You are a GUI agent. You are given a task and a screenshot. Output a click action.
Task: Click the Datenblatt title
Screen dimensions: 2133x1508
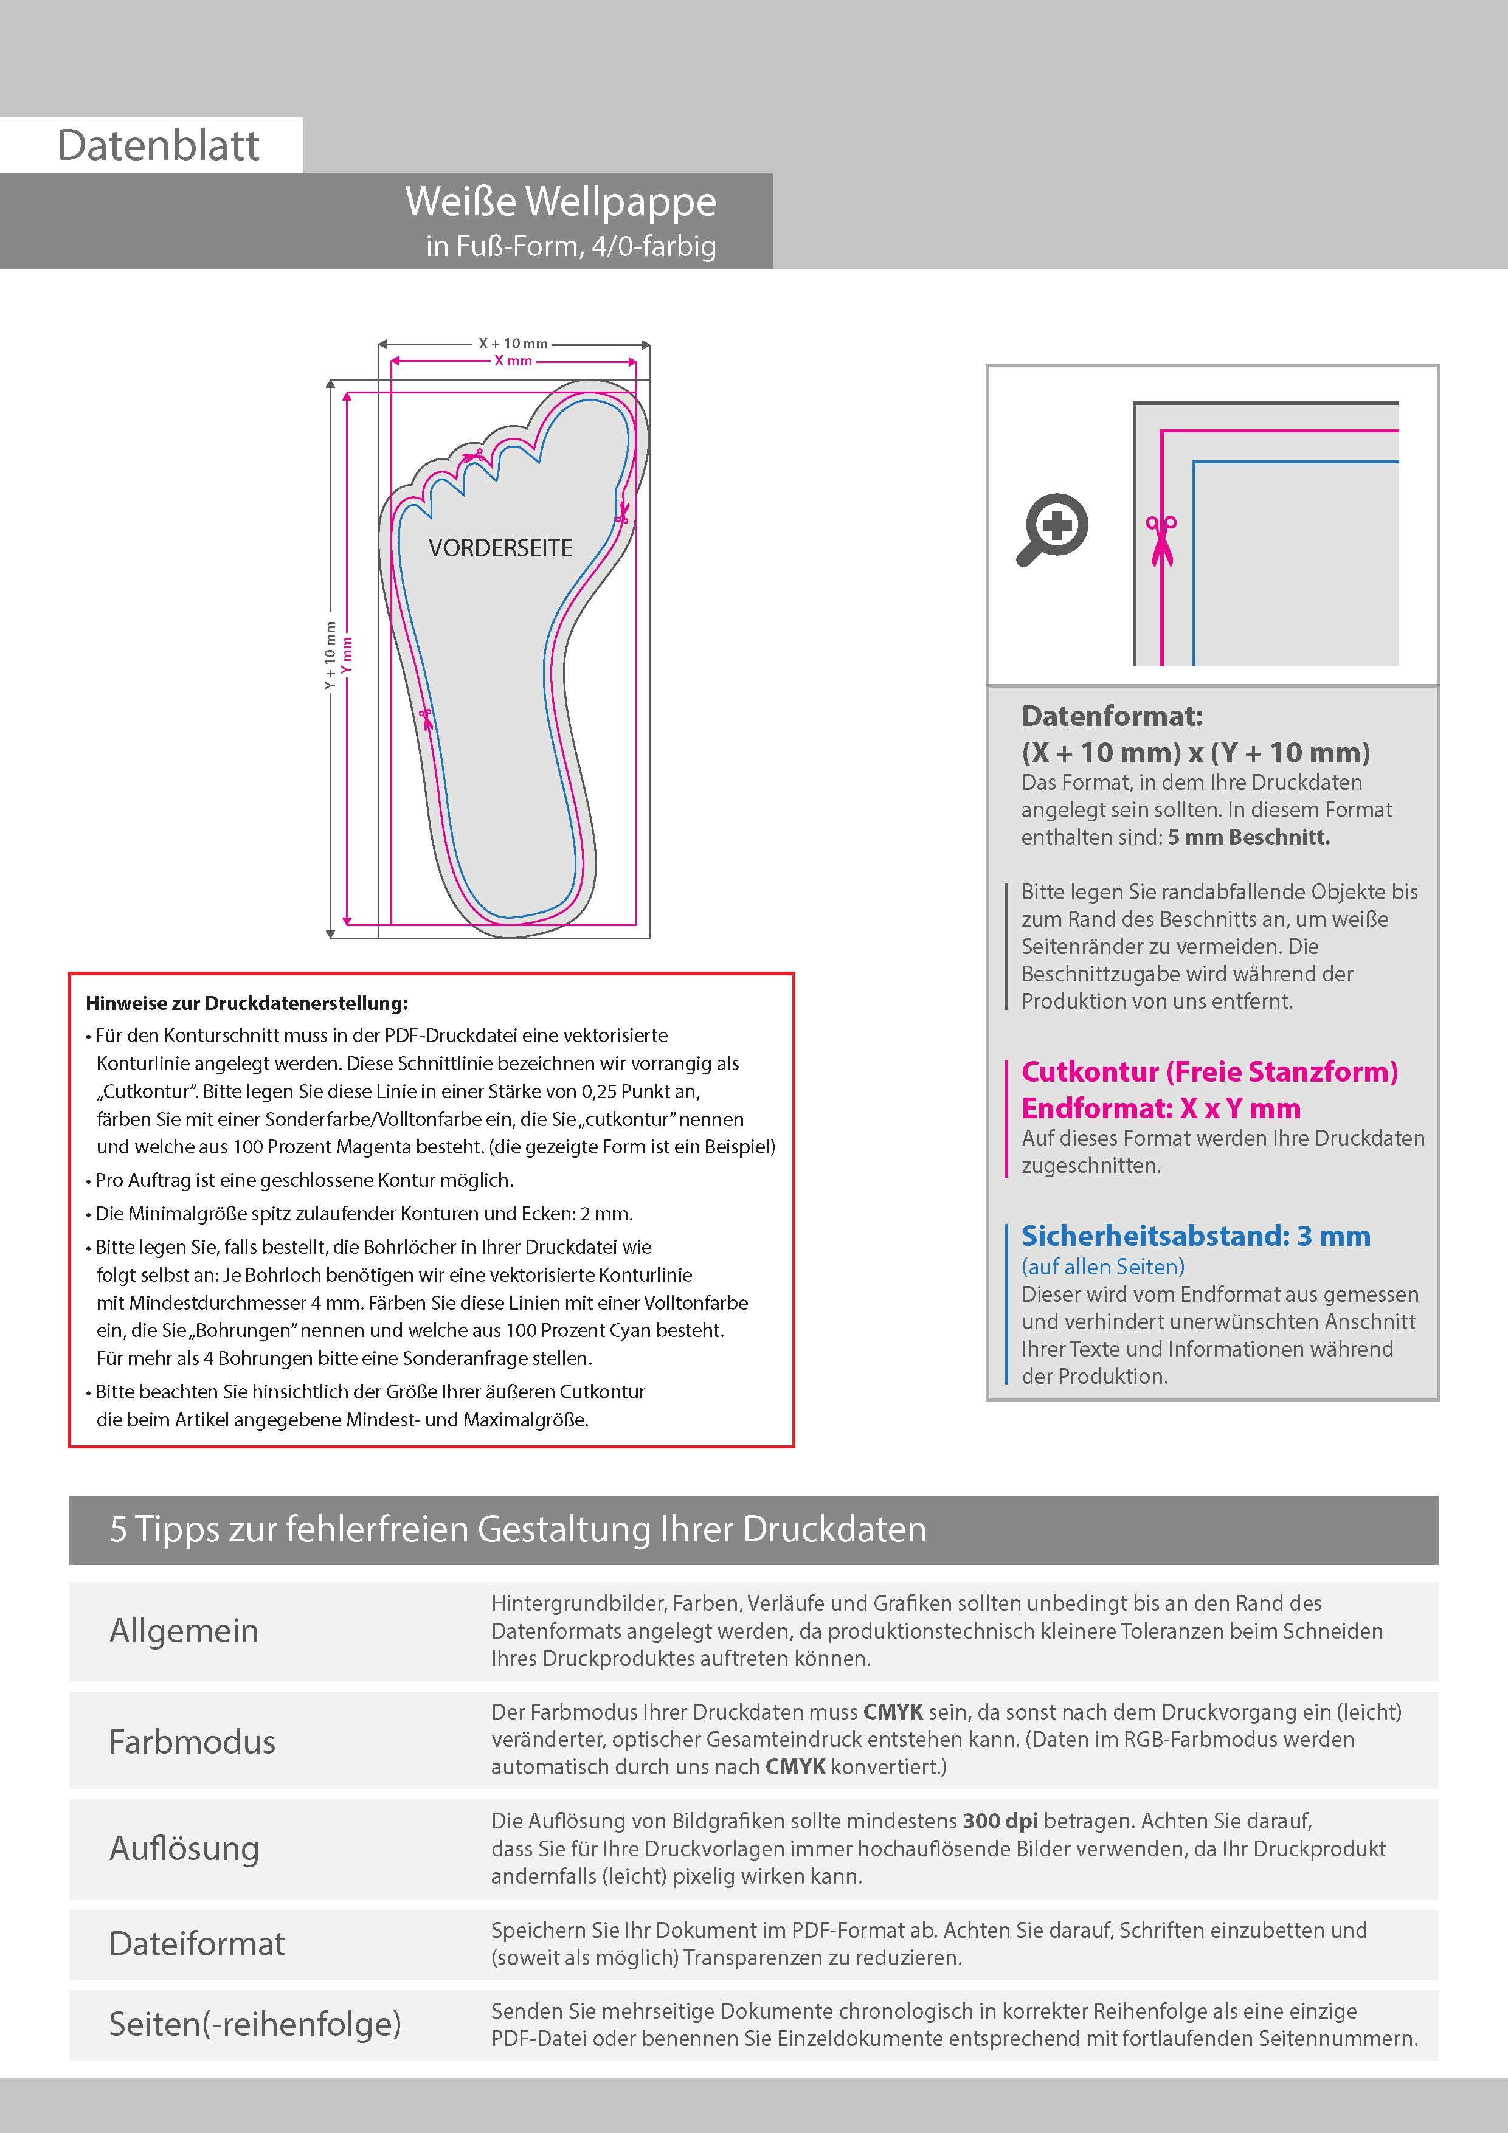pos(158,146)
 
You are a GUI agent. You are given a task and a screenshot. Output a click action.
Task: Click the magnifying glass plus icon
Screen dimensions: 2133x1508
pos(1053,528)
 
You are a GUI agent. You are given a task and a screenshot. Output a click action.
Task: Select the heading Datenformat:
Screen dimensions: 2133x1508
pos(1112,716)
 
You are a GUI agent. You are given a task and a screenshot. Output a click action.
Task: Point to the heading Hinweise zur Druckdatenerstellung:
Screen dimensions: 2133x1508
pos(246,1003)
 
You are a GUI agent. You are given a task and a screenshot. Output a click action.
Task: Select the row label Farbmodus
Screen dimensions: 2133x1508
pos(192,1742)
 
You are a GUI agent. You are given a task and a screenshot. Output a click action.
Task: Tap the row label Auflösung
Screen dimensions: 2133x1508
pos(184,1848)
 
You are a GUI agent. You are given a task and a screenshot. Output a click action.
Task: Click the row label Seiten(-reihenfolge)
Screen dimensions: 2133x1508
pos(255,2024)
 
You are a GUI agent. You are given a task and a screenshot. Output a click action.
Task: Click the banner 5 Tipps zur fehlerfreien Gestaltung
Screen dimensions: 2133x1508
pos(517,1530)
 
